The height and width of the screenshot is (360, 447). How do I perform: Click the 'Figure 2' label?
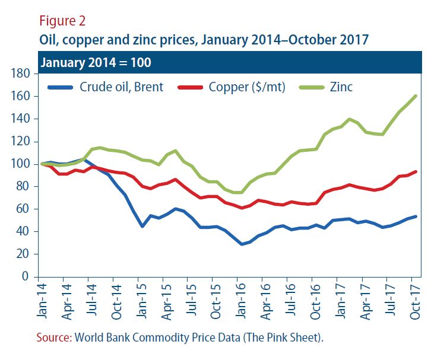coord(62,21)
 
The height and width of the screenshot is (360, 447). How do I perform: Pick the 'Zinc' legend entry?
coord(341,87)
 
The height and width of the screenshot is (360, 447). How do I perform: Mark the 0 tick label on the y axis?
coord(26,276)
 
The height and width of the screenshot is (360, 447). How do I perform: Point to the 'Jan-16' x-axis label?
coord(239,300)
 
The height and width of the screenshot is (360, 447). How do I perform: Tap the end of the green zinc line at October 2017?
coord(416,95)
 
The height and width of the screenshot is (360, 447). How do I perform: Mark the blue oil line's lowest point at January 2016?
coord(241,244)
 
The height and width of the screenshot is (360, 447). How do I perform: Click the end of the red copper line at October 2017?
coord(416,172)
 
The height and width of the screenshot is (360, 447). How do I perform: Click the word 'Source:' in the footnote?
coord(53,337)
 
